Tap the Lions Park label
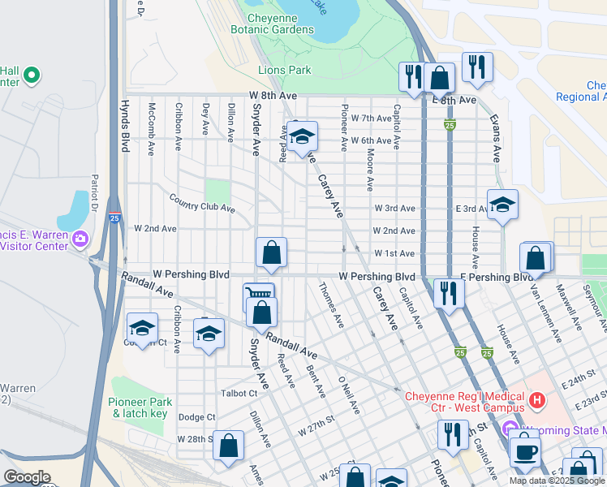pos(284,71)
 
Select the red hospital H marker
pos(536,399)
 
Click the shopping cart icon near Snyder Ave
pos(259,296)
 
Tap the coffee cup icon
pos(524,449)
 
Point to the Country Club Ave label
pos(202,202)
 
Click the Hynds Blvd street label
pos(125,127)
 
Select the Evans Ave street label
pos(494,138)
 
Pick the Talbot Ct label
pos(239,393)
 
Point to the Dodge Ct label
pos(196,417)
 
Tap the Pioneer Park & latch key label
pos(139,407)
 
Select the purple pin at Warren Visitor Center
pos(80,239)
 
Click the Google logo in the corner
pos(27,477)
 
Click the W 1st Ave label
pos(395,254)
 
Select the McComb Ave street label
pos(151,128)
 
